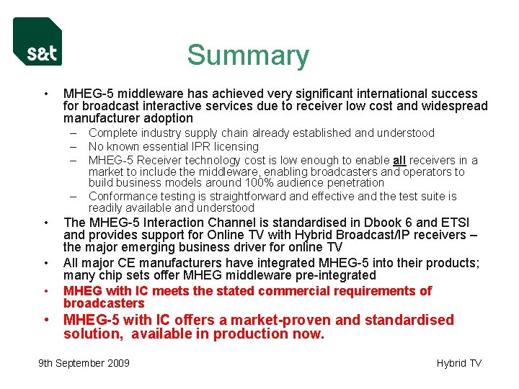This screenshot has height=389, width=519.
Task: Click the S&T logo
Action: pyautogui.click(x=37, y=42)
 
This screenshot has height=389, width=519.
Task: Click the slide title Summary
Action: pyautogui.click(x=248, y=55)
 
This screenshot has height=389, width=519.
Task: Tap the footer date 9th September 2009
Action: pyautogui.click(x=84, y=363)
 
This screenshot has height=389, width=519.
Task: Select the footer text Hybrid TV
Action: pyautogui.click(x=459, y=363)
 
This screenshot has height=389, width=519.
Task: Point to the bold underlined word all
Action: pyautogui.click(x=399, y=159)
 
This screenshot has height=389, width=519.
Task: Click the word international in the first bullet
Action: pyautogui.click(x=371, y=94)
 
